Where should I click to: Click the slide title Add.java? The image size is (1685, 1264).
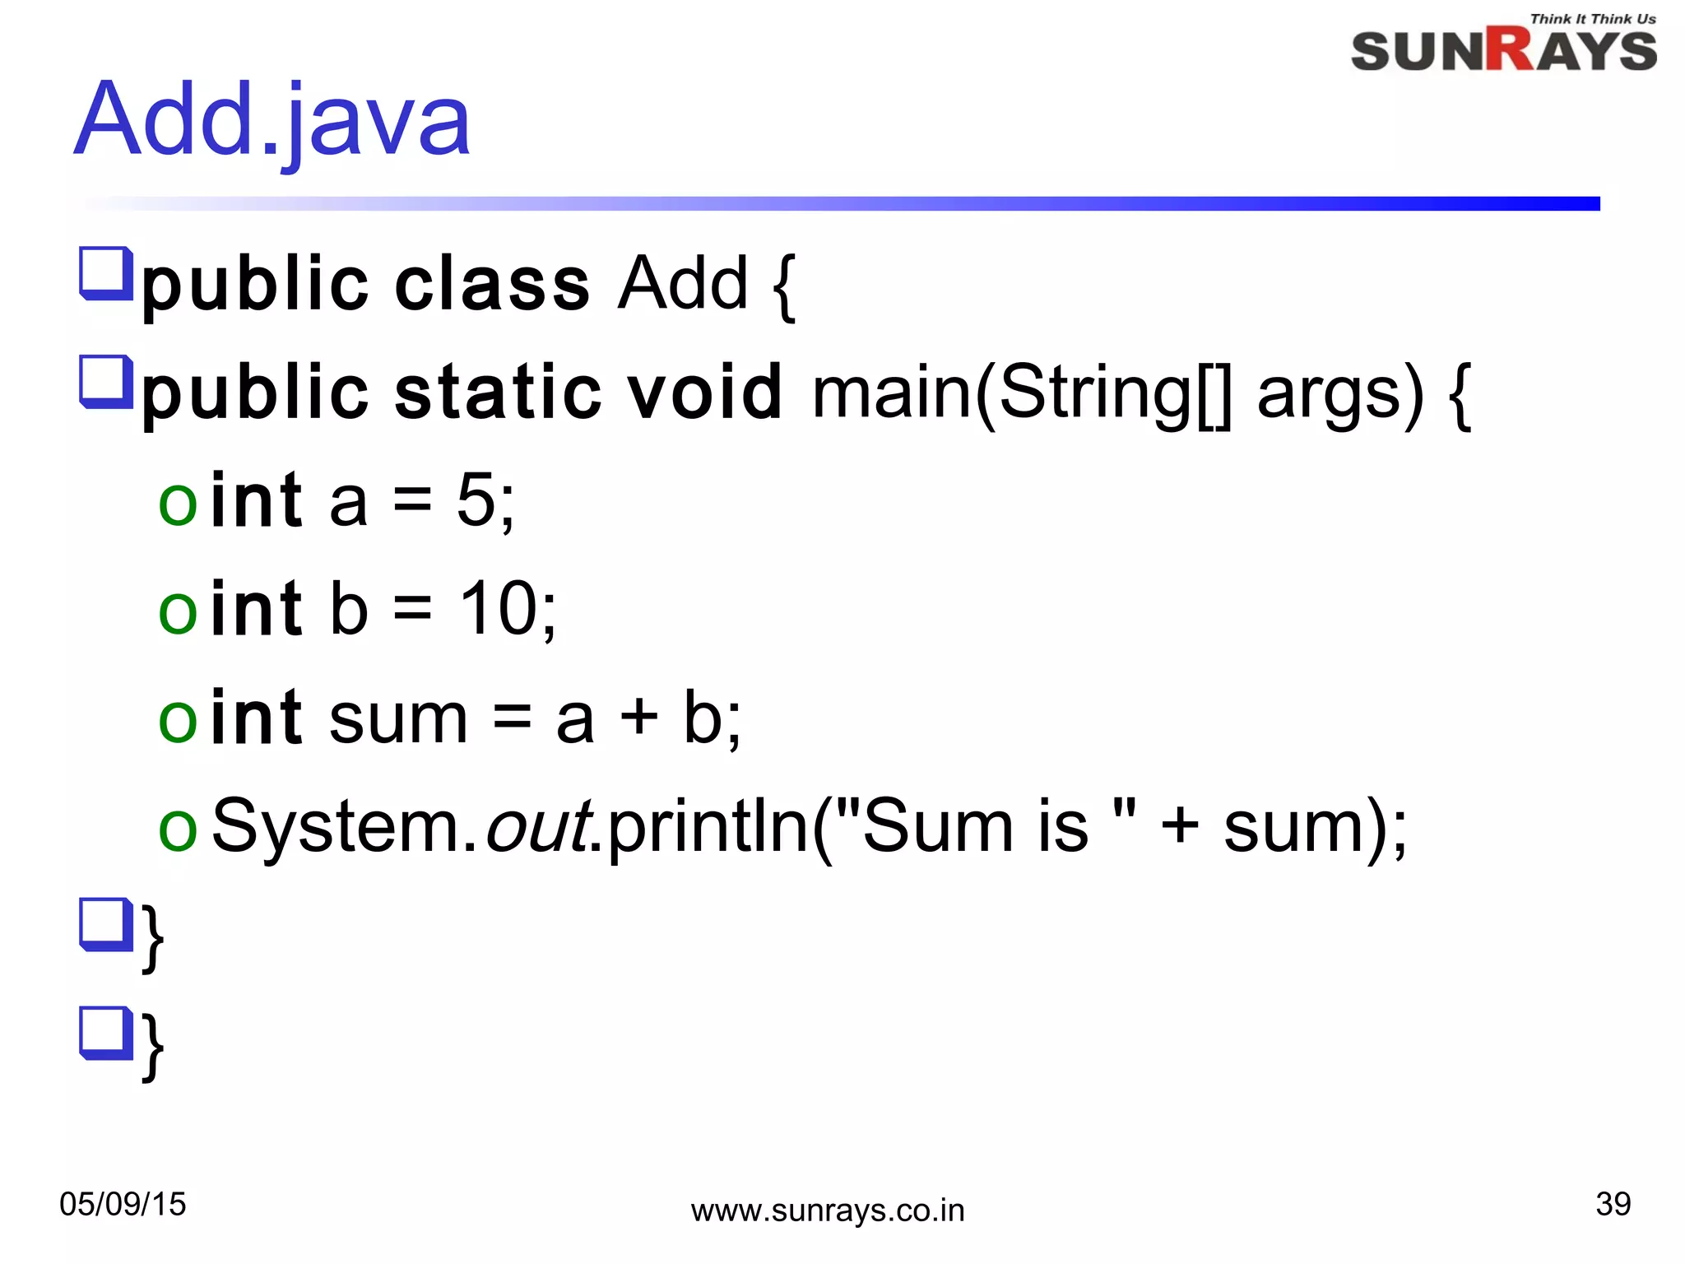pyautogui.click(x=272, y=120)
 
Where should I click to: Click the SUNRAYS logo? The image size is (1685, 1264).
pyautogui.click(x=1503, y=51)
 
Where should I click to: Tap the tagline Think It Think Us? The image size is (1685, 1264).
pyautogui.click(x=1592, y=19)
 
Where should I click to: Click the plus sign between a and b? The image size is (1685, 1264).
pyautogui.click(x=638, y=717)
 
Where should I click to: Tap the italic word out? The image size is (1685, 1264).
pyautogui.click(x=537, y=826)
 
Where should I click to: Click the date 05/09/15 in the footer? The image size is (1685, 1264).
pyautogui.click(x=123, y=1204)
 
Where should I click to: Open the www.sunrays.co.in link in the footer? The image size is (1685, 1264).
pyautogui.click(x=828, y=1211)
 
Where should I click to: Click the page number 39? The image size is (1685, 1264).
pyautogui.click(x=1613, y=1204)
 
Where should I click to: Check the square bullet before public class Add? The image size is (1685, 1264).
pyautogui.click(x=106, y=272)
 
